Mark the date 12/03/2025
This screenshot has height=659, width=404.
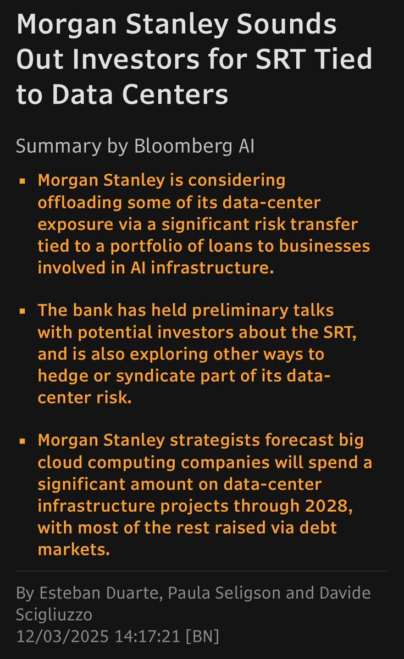(63, 636)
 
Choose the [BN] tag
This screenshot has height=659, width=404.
(203, 636)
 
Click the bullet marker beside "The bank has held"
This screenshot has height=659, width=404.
(22, 311)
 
